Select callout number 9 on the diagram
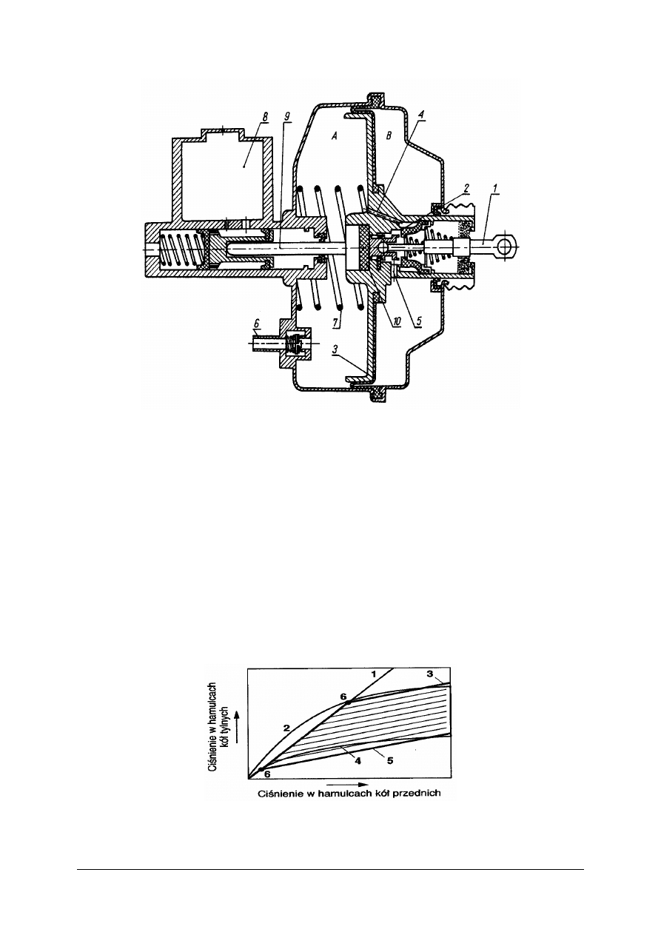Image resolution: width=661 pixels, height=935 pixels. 286,116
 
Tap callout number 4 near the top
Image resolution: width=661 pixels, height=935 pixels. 421,114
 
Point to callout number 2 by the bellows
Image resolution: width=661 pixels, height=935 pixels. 466,188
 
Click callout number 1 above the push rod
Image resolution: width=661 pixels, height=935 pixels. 494,188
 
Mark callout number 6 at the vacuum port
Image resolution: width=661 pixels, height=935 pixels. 257,323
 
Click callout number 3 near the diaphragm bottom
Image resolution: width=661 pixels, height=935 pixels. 335,349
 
